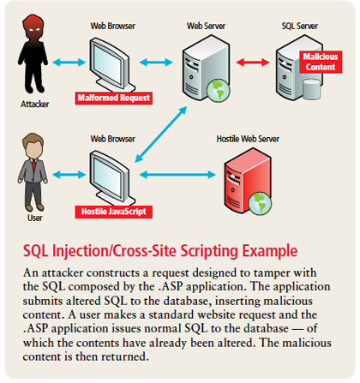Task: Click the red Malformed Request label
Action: coord(114,98)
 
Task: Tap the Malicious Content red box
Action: coord(321,62)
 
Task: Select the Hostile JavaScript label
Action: coord(114,212)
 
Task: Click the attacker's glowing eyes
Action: coord(34,29)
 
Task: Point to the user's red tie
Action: coord(34,165)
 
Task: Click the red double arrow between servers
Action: coord(253,62)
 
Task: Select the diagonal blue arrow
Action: coord(161,135)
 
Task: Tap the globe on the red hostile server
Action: coord(260,203)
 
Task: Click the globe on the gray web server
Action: coord(218,91)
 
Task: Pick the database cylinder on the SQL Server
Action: coord(311,89)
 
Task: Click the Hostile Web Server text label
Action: coord(248,139)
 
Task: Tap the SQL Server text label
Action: coord(300,26)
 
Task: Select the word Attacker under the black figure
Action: coord(35,104)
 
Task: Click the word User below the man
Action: coord(35,218)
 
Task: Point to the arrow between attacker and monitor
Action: coord(69,62)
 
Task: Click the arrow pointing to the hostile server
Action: coord(177,175)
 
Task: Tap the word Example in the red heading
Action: coord(270,251)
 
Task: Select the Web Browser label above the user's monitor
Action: coord(113,139)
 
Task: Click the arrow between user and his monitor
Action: coord(69,175)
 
